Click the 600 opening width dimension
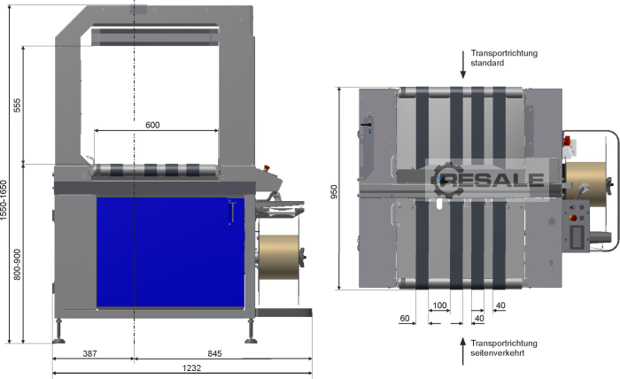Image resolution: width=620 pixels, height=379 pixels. coord(152,125)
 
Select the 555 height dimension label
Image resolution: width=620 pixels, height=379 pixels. coord(18,105)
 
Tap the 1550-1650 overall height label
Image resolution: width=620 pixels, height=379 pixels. coord(4,200)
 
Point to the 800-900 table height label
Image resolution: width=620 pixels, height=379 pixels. coord(18,265)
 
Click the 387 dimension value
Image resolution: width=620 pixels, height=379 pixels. coord(89,353)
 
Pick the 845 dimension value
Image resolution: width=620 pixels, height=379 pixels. coord(214,353)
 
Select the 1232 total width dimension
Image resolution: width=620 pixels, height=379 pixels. coord(192,368)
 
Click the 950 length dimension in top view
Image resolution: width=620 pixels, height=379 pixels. coord(334,191)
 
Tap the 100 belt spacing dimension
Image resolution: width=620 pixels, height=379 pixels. coord(439,306)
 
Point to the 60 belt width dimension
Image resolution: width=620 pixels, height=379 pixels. coord(405,318)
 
